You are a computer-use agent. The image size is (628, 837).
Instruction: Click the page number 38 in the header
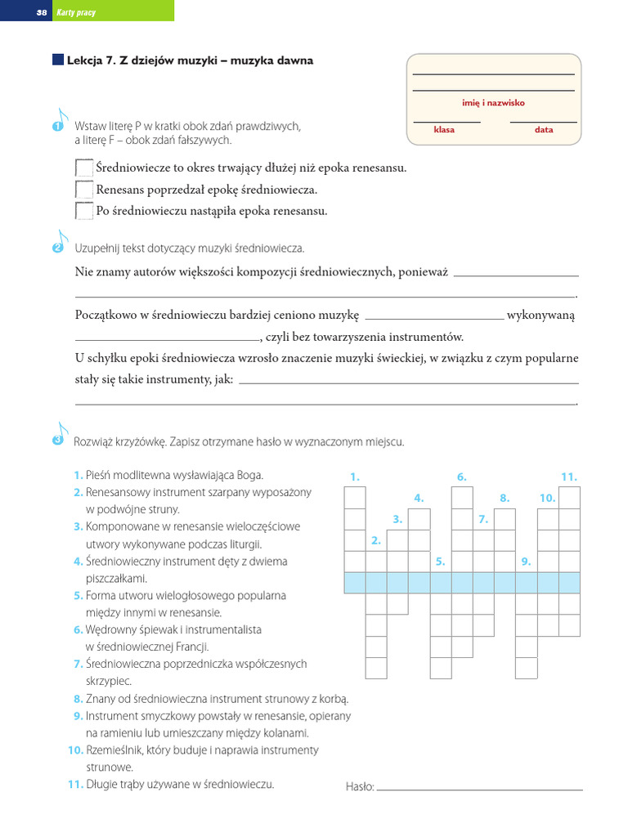[x=41, y=12]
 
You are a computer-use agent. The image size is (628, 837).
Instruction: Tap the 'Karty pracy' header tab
[x=75, y=12]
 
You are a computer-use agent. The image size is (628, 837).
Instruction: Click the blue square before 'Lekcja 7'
[x=57, y=60]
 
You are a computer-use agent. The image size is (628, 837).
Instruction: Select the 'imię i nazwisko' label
[x=493, y=103]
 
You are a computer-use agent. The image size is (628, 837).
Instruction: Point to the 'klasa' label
[x=444, y=130]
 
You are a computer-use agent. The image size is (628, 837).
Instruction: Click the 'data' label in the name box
[x=544, y=130]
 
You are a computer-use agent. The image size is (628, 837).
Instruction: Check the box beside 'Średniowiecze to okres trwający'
[x=84, y=168]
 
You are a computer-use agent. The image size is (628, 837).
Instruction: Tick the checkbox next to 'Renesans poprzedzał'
[x=84, y=190]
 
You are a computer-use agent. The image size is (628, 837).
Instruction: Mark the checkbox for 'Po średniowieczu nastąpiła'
[x=84, y=211]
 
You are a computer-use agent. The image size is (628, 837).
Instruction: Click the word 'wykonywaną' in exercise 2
[x=541, y=316]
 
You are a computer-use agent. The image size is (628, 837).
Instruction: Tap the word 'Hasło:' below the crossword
[x=360, y=786]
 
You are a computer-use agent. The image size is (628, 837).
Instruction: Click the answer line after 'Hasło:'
[x=480, y=789]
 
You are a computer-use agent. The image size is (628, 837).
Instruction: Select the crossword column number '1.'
[x=355, y=477]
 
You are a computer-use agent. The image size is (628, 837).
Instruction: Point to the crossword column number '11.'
[x=569, y=477]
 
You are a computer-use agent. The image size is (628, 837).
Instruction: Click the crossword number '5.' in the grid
[x=440, y=562]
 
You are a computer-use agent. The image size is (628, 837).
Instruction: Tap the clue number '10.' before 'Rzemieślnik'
[x=75, y=750]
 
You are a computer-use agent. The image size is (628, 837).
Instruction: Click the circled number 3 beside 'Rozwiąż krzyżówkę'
[x=57, y=441]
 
